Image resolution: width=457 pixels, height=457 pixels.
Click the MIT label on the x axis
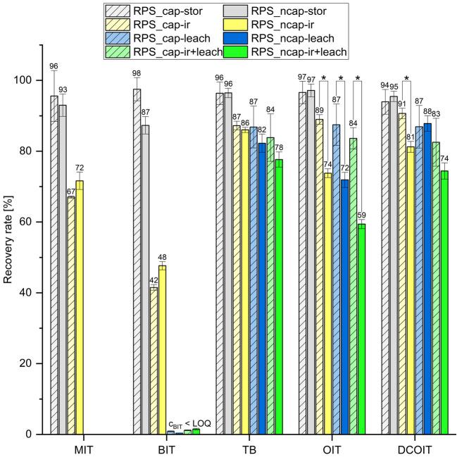(x=78, y=449)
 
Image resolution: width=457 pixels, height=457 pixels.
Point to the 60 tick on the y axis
(x=33, y=222)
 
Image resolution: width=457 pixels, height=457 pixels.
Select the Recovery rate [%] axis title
(x=10, y=239)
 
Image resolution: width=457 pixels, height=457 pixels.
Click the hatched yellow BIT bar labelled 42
(x=154, y=361)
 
